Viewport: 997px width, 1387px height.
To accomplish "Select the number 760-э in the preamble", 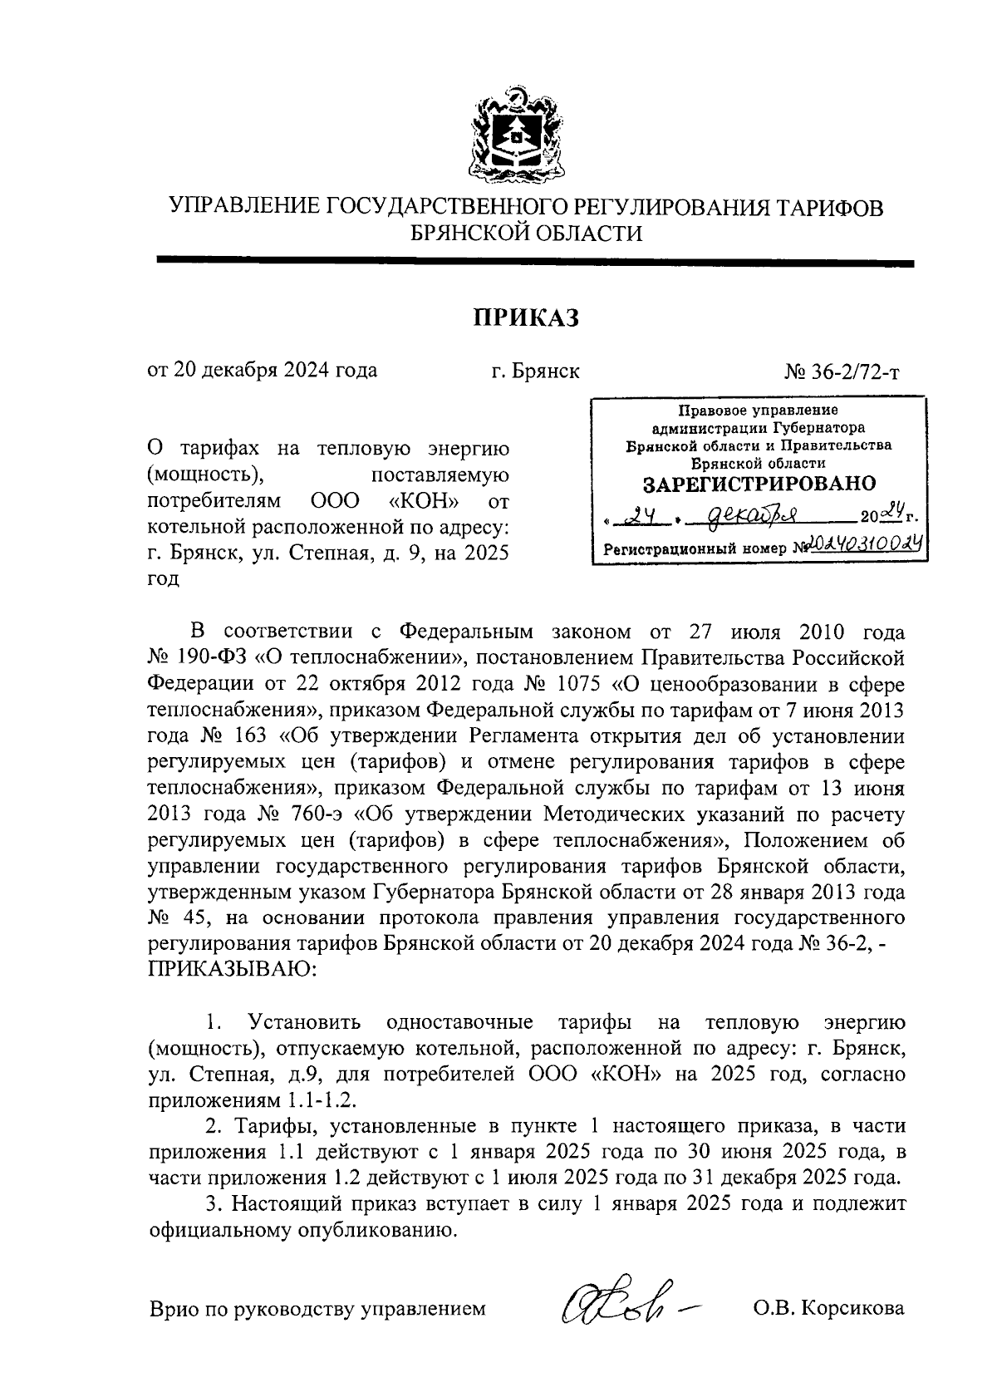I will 323,812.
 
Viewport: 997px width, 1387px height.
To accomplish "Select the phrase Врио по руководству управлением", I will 317,1310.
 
